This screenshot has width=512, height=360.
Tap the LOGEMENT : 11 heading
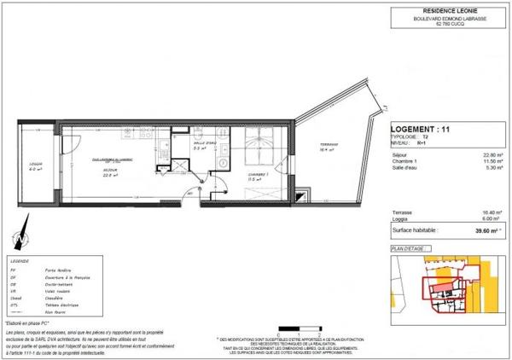(418, 129)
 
